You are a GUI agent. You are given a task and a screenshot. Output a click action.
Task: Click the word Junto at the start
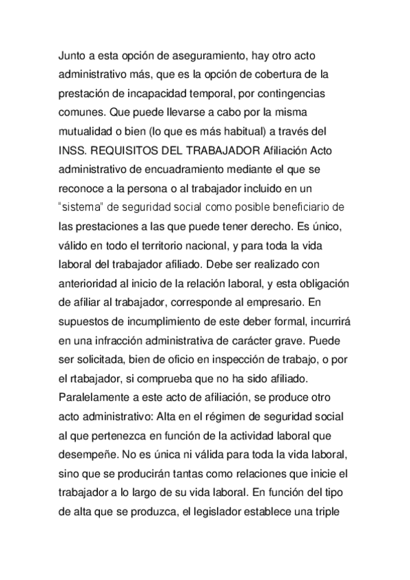[73, 55]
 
